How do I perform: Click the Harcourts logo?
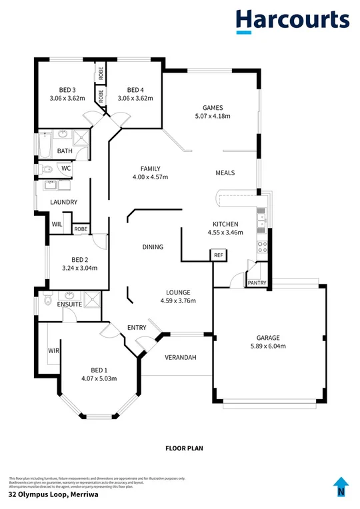[x=291, y=21]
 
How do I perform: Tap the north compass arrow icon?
[x=341, y=487]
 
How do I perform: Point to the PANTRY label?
[x=257, y=283]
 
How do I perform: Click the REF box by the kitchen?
[x=218, y=254]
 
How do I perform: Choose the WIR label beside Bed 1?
[x=53, y=350]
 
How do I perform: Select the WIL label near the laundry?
[x=57, y=225]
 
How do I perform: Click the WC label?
[x=66, y=169]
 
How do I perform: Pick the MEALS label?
[x=225, y=173]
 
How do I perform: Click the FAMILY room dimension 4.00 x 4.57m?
[x=150, y=177]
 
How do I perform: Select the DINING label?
[x=153, y=247]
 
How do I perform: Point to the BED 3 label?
[x=67, y=90]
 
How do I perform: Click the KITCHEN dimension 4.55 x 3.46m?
[x=225, y=233]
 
